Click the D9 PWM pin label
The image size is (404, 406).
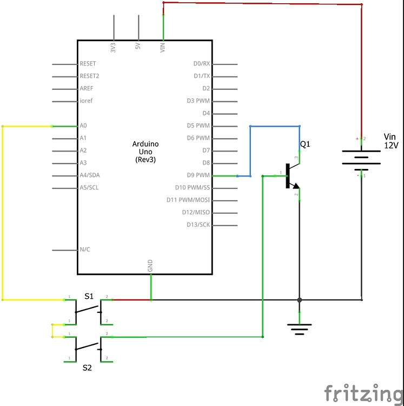(198, 175)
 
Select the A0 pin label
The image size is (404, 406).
(83, 126)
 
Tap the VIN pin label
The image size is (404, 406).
(163, 47)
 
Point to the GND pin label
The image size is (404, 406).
(150, 266)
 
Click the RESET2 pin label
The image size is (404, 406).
(89, 76)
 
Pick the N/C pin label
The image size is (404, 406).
(85, 250)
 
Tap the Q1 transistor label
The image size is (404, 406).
(306, 145)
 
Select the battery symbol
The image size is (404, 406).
(361, 157)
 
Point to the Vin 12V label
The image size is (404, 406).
(390, 141)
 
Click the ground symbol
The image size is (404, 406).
(299, 328)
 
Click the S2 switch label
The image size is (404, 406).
(87, 368)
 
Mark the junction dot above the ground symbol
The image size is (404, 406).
(299, 299)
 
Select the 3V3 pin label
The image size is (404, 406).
(113, 47)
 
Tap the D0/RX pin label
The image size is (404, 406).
(201, 64)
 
